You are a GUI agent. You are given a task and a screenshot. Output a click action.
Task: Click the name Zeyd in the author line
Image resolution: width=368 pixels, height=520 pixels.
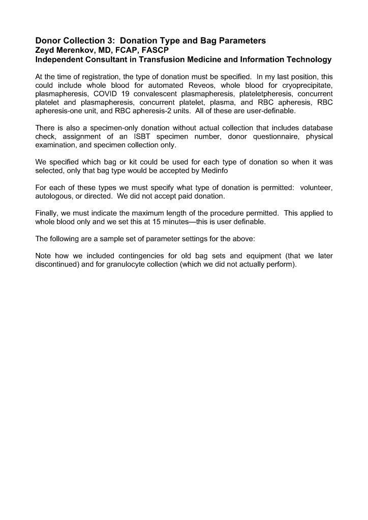tap(45, 50)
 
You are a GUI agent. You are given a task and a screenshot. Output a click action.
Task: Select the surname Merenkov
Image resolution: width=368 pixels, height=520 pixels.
tap(77, 50)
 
